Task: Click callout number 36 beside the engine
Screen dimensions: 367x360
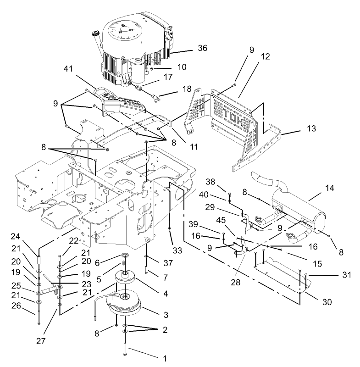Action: tap(202, 48)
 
